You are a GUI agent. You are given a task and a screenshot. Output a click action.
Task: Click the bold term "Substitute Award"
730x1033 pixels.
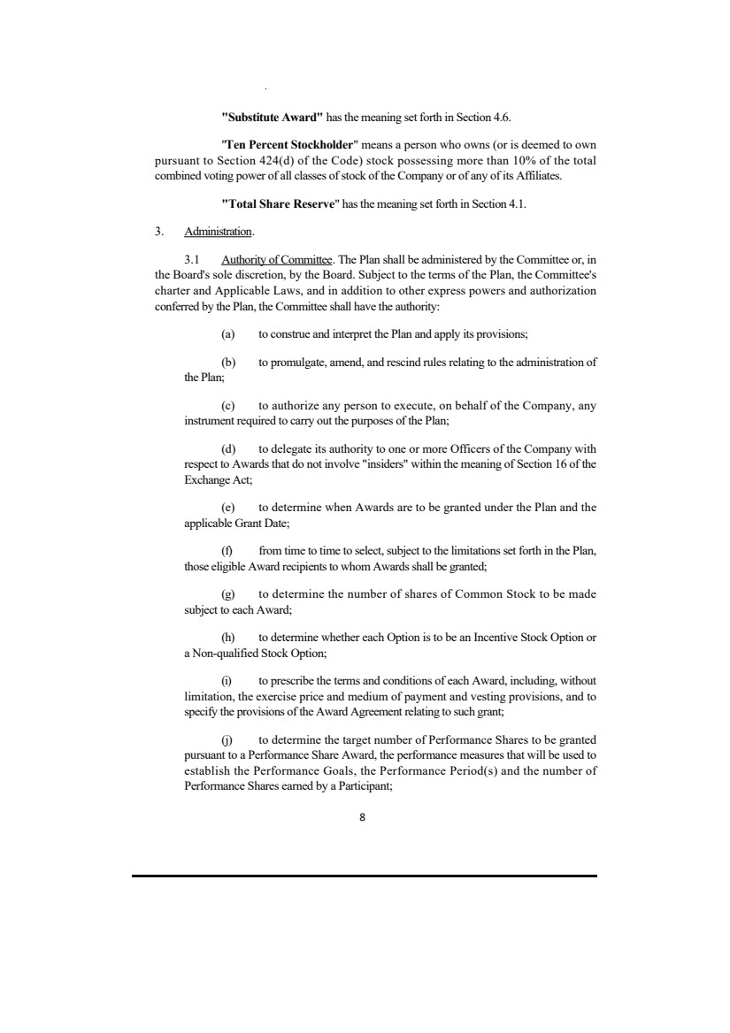click(x=271, y=117)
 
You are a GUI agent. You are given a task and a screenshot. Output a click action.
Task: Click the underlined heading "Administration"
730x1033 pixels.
click(x=218, y=233)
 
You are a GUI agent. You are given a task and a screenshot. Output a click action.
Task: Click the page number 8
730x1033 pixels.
click(x=364, y=818)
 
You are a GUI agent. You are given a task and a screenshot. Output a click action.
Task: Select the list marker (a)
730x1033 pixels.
click(x=227, y=333)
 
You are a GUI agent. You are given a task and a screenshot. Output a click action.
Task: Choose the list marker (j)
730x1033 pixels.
click(x=227, y=738)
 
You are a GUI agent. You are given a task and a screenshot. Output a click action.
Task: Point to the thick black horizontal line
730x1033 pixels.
click(x=365, y=876)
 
